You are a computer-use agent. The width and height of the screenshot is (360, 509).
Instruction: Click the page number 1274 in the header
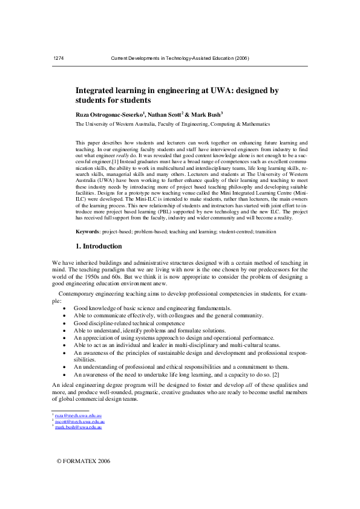point(59,58)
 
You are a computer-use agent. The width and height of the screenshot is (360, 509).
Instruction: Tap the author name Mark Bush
point(205,114)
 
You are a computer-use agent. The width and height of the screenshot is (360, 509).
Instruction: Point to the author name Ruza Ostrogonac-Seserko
point(109,114)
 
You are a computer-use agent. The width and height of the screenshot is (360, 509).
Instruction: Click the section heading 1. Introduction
point(99,247)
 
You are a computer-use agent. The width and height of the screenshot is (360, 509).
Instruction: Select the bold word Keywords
point(87,232)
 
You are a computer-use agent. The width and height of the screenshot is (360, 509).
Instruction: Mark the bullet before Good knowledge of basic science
point(65,308)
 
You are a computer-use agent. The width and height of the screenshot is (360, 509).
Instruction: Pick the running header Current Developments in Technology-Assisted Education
point(180,58)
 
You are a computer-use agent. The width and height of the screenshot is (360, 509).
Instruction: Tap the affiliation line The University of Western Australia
point(172,124)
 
